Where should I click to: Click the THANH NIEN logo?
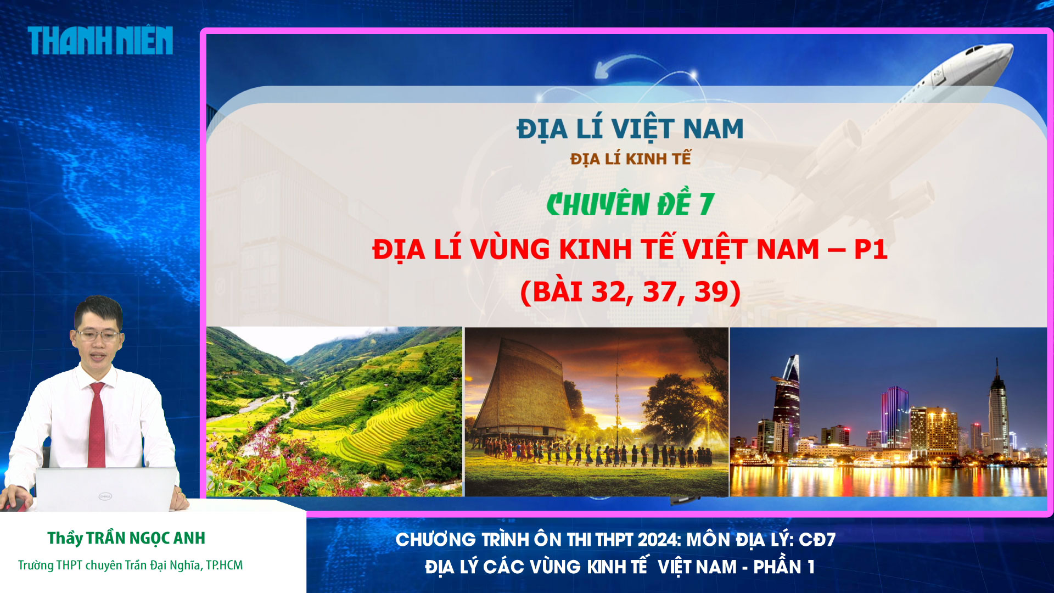click(100, 41)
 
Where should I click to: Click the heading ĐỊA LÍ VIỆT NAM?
click(630, 130)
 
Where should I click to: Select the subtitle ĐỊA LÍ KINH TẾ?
click(630, 159)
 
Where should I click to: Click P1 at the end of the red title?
click(871, 250)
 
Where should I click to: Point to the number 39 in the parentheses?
click(711, 292)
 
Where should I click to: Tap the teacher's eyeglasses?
click(97, 335)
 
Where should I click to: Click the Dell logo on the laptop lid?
click(105, 496)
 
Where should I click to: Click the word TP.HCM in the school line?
click(224, 565)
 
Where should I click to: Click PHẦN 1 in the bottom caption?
click(783, 567)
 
